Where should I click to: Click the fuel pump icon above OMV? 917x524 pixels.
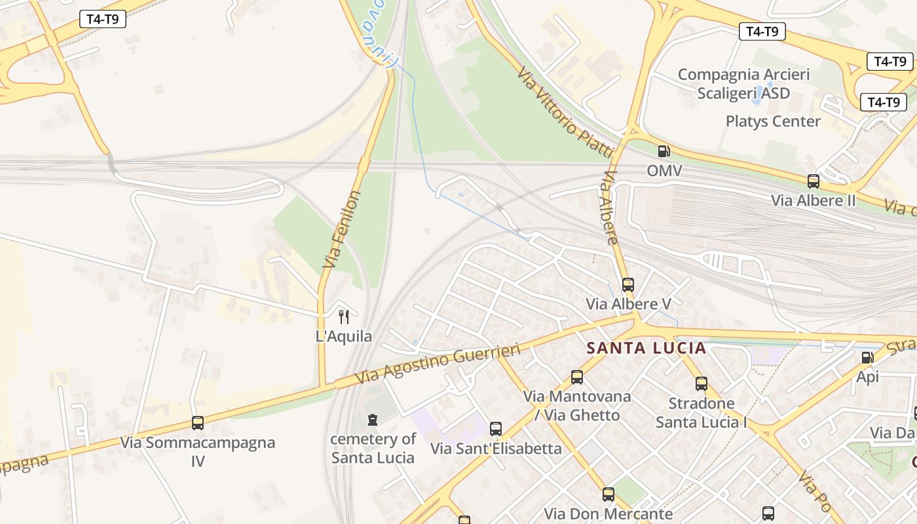[x=664, y=151]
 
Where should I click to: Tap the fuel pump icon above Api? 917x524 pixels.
[x=867, y=357]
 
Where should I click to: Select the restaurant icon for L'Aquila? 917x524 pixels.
[x=344, y=317]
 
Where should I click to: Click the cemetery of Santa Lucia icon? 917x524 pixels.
[x=373, y=419]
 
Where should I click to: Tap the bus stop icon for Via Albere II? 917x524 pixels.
[x=814, y=181]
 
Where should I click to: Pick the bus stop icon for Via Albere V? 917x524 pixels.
[x=628, y=284]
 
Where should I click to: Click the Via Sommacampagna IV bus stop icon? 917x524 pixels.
[x=198, y=422]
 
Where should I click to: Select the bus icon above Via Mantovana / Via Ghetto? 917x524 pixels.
[x=577, y=377]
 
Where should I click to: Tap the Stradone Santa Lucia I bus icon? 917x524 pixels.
[x=702, y=383]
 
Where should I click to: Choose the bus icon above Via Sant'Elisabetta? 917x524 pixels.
[x=496, y=429]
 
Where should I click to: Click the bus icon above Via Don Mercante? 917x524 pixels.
[x=608, y=494]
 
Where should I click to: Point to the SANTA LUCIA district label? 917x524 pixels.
[x=646, y=348]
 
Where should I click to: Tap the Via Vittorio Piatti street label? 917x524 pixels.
[x=565, y=111]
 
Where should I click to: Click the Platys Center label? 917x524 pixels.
[x=773, y=121]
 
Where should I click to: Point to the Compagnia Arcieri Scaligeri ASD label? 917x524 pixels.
[x=743, y=84]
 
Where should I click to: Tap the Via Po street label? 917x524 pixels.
[x=815, y=491]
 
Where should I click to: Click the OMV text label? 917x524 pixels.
[x=664, y=171]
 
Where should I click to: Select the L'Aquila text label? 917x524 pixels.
[x=344, y=337]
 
